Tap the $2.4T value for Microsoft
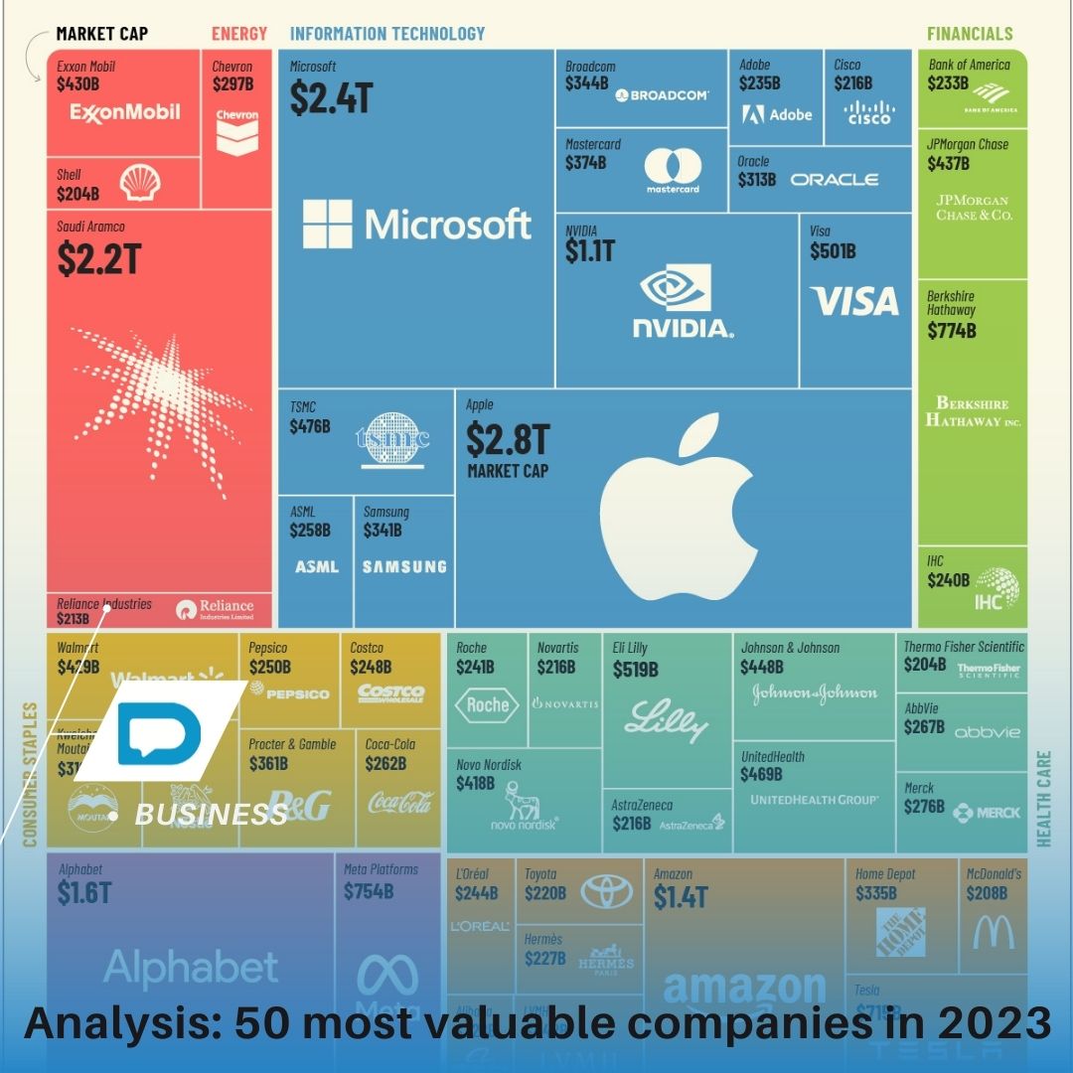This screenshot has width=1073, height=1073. [x=331, y=97]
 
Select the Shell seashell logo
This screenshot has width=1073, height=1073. [x=140, y=183]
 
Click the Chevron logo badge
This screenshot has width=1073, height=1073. [x=236, y=133]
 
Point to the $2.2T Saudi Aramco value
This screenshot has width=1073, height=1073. [x=98, y=259]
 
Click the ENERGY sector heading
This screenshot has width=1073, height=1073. [x=239, y=34]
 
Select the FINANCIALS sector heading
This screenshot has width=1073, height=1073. [x=970, y=34]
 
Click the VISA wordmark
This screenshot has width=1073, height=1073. [x=853, y=301]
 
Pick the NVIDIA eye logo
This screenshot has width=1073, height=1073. [x=676, y=288]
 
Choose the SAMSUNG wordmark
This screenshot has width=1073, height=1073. [x=404, y=567]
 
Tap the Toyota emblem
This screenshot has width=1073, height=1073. [x=606, y=890]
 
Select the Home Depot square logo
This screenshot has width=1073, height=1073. [x=900, y=932]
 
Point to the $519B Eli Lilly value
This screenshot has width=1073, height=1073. [x=636, y=670]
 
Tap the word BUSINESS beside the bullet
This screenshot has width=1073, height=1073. [x=211, y=815]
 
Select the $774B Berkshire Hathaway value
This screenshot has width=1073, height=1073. [x=952, y=331]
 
